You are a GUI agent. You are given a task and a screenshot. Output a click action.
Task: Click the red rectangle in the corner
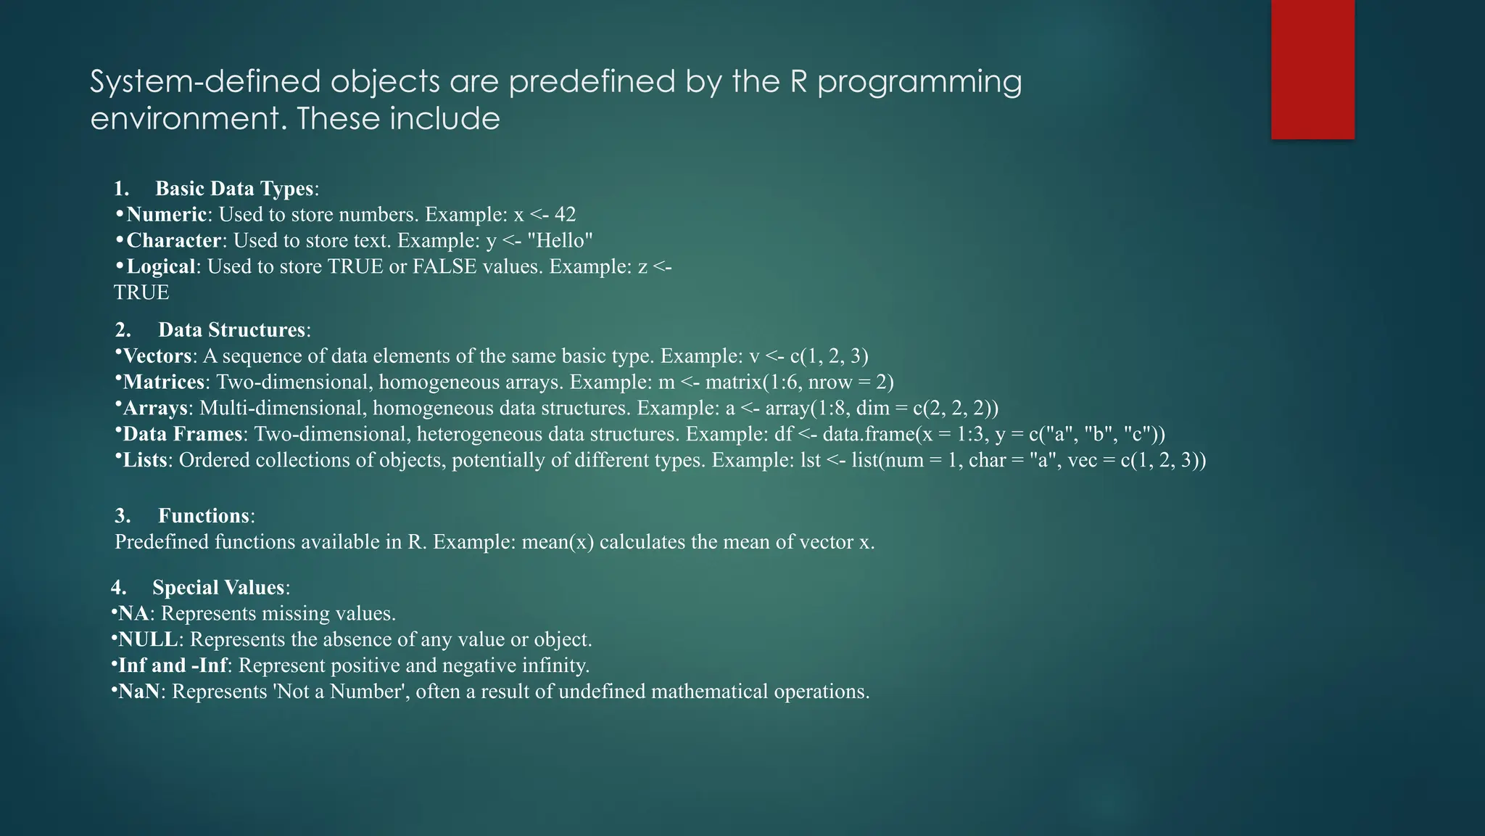(1312, 70)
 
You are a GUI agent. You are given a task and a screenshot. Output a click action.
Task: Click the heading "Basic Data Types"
(234, 189)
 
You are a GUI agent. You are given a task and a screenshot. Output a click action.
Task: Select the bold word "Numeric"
(167, 215)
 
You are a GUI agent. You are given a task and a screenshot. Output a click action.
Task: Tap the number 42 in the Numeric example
(565, 215)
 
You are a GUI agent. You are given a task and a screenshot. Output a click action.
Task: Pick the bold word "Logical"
(161, 267)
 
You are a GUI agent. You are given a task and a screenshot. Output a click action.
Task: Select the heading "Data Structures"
(232, 330)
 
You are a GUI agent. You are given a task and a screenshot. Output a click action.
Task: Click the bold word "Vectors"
(157, 356)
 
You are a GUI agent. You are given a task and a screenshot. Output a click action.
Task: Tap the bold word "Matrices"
(164, 382)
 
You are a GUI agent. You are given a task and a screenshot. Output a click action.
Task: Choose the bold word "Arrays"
(155, 409)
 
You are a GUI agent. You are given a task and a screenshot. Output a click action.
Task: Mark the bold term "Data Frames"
(182, 435)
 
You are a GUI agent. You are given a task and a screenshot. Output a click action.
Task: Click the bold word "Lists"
(145, 461)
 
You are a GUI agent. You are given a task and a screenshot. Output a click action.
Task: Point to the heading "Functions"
(204, 516)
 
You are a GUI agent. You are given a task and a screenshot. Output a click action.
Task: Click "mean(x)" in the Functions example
(558, 542)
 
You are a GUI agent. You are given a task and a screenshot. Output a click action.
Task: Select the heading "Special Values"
(218, 588)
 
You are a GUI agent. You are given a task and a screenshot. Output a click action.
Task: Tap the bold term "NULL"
(148, 640)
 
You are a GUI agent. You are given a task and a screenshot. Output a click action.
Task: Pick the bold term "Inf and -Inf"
(173, 666)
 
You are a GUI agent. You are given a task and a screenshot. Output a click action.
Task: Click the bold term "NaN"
(138, 692)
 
